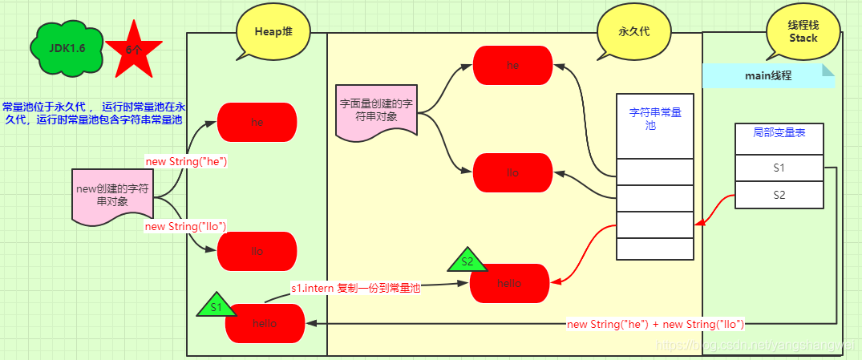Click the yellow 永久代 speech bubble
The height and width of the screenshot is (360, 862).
[x=632, y=33]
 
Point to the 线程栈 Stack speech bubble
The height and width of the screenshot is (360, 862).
[x=803, y=32]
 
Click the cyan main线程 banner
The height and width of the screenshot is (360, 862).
[x=768, y=75]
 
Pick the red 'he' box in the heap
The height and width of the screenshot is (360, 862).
[x=257, y=123]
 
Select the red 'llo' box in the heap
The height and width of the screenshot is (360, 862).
[x=257, y=251]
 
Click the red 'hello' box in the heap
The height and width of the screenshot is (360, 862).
[x=265, y=323]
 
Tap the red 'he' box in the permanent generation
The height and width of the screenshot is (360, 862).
[x=512, y=65]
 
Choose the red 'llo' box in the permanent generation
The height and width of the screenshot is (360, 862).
[x=512, y=172]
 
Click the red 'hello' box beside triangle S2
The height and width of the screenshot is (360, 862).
[x=509, y=283]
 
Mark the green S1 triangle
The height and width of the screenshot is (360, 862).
[x=216, y=305]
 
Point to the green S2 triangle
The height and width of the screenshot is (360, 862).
[x=467, y=261]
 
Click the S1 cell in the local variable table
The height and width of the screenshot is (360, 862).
[x=779, y=168]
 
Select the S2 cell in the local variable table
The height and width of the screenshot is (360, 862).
[x=779, y=194]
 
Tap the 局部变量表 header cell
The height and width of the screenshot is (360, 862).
[x=779, y=137]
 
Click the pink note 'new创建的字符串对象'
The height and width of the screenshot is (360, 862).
[x=112, y=195]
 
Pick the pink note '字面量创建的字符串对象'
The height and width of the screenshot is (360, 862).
[x=376, y=111]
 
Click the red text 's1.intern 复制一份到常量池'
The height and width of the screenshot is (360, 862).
[x=355, y=289]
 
